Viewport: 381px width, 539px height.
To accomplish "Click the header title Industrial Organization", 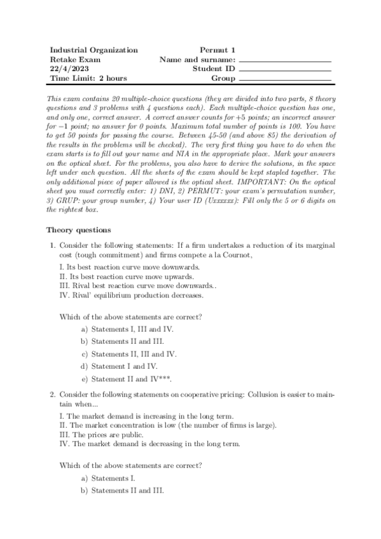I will click(94, 50).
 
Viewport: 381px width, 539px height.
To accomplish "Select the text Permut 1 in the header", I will click(218, 50).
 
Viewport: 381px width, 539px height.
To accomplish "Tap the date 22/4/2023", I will click(67, 69).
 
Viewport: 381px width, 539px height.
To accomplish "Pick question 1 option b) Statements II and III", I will click(127, 341).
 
